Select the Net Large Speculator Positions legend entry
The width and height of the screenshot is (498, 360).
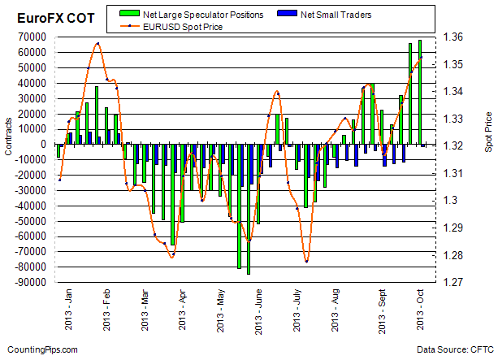click(197, 15)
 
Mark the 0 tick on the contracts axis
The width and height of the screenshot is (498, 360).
click(45, 145)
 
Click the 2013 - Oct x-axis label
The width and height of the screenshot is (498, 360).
click(411, 312)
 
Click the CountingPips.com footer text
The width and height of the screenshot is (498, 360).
click(40, 349)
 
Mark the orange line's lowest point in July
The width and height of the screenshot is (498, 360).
click(306, 261)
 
